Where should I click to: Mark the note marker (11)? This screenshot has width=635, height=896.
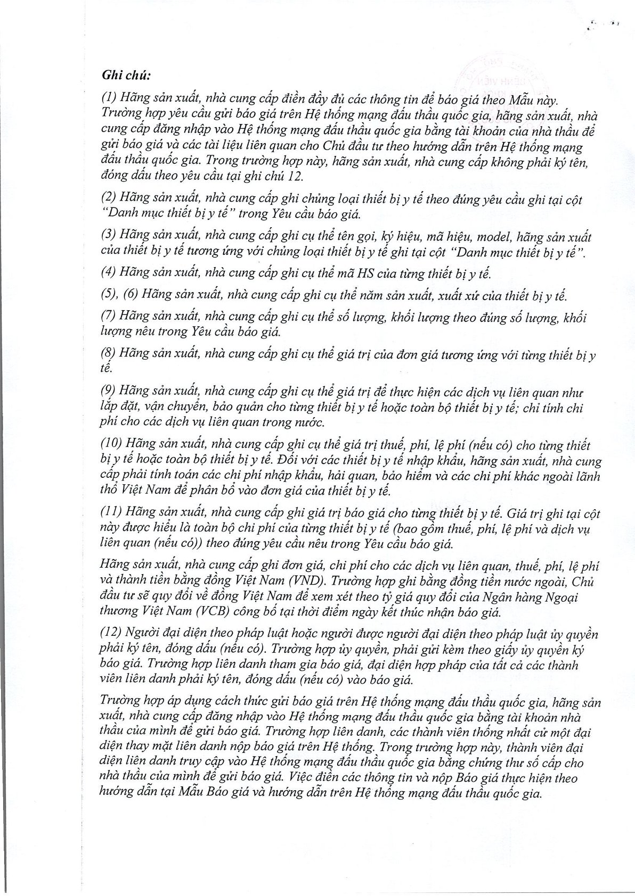[111, 515]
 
